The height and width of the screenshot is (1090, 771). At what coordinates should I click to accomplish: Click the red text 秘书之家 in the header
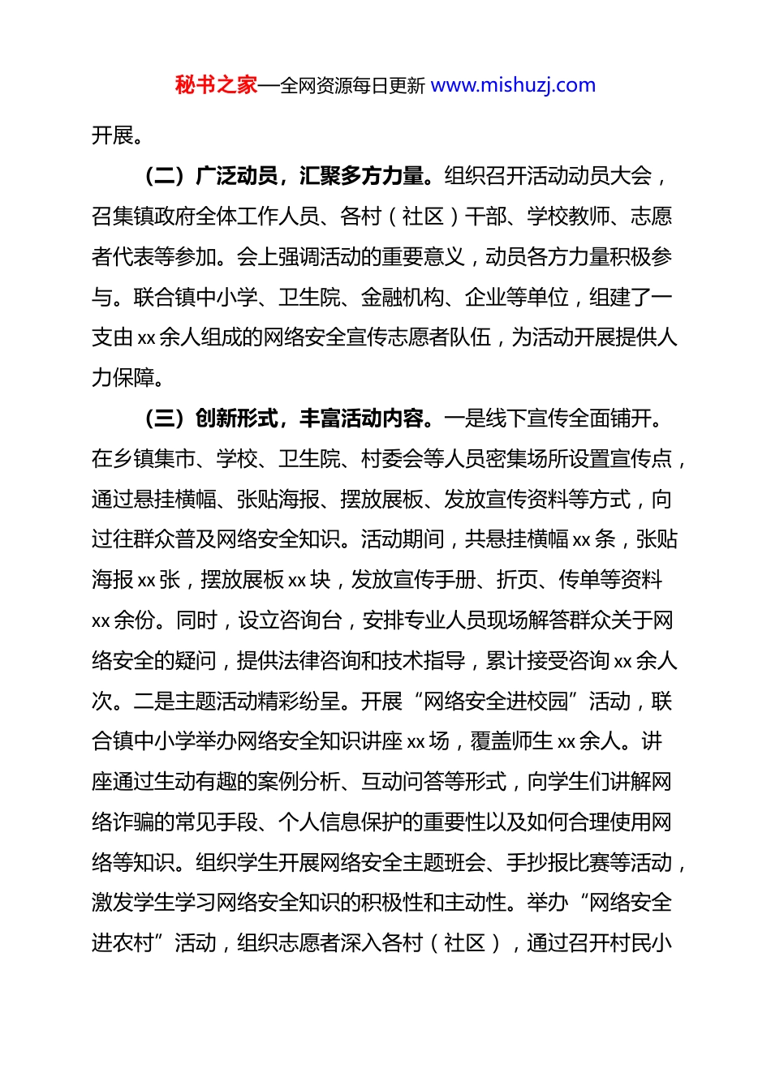pyautogui.click(x=216, y=85)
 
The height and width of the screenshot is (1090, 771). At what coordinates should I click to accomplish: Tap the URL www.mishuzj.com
pyautogui.click(x=513, y=85)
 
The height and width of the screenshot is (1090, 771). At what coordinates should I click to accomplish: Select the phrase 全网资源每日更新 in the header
pyautogui.click(x=352, y=85)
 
